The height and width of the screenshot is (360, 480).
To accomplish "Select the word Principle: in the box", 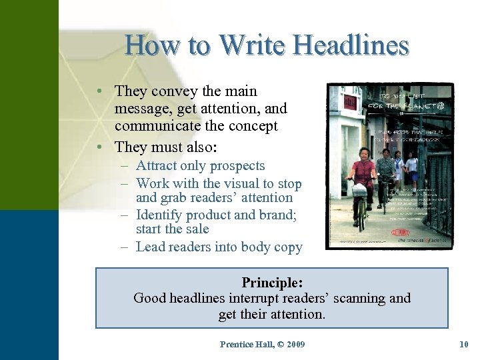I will pyautogui.click(x=271, y=282).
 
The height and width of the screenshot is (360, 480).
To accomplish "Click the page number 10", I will pyautogui.click(x=464, y=344).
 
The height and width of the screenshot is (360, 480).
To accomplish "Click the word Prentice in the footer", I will pyautogui.click(x=238, y=344).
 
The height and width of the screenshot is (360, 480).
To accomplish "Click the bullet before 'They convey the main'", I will pyautogui.click(x=99, y=91).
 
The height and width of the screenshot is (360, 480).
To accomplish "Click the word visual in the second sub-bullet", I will pyautogui.click(x=253, y=183).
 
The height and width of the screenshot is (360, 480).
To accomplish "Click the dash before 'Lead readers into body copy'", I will pyautogui.click(x=125, y=247).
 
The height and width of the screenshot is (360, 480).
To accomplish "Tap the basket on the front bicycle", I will pyautogui.click(x=359, y=189).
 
